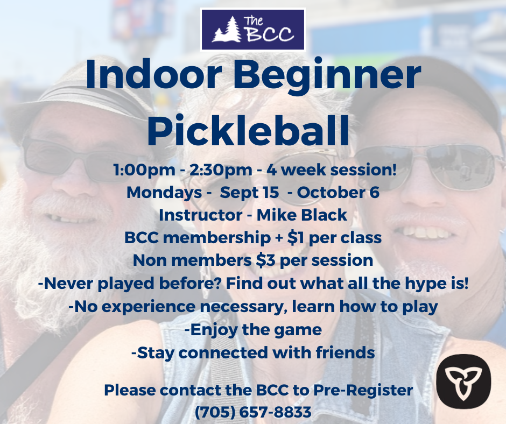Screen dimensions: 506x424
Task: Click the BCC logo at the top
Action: click(x=252, y=30)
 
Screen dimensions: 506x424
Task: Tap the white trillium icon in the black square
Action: click(x=463, y=381)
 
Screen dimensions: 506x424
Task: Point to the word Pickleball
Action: click(x=248, y=130)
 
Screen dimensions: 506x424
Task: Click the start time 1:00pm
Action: click(x=144, y=170)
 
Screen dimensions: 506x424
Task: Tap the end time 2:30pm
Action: click(x=221, y=170)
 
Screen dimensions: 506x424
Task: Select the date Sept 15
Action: click(x=249, y=193)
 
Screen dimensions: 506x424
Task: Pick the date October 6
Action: click(x=338, y=192)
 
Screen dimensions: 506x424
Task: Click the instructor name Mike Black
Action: click(x=302, y=215)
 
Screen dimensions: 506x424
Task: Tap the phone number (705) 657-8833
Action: click(x=254, y=412)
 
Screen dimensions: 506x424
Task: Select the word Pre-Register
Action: click(x=363, y=391)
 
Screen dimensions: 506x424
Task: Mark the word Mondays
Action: click(x=164, y=193)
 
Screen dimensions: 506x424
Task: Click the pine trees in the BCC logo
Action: click(x=227, y=30)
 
